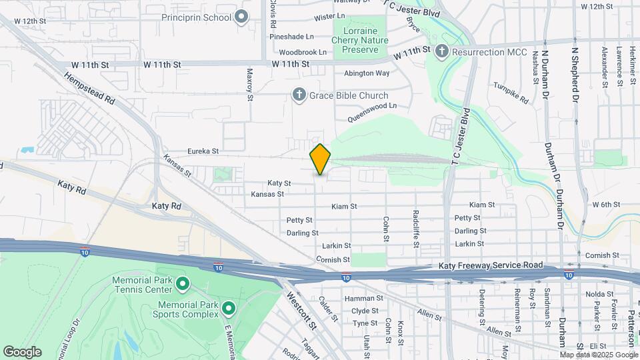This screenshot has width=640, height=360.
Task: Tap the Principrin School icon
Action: tap(241, 17)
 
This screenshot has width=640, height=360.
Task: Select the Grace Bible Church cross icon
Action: tap(299, 95)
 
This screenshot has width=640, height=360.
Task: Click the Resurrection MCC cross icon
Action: tap(441, 51)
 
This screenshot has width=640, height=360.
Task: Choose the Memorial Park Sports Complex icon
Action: tap(229, 308)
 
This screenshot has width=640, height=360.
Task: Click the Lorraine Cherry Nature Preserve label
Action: tap(359, 40)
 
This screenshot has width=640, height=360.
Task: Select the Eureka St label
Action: tap(203, 151)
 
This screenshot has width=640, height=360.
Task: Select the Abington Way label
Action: tap(367, 73)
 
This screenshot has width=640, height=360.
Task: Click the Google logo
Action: tap(22, 351)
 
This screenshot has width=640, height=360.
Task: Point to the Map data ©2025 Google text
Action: tap(597, 355)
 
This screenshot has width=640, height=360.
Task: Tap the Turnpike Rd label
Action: tap(511, 93)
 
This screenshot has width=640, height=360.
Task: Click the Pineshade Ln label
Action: tap(291, 36)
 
